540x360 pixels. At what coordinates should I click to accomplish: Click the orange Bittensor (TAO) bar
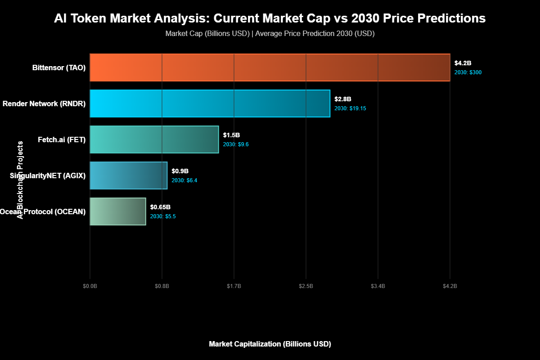(270, 67)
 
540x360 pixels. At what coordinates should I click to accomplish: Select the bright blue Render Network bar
(210, 103)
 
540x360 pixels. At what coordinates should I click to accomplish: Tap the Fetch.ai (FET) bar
(154, 139)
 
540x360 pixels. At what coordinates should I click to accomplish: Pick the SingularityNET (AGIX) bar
(129, 175)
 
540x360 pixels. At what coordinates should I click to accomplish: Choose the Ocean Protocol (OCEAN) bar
(118, 211)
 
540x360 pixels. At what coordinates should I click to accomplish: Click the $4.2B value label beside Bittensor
(463, 63)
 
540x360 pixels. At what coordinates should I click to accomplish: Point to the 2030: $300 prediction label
(468, 72)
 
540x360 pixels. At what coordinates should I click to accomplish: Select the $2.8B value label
(343, 99)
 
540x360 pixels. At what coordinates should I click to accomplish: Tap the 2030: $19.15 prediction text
(350, 108)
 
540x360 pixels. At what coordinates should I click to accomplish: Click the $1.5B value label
(231, 135)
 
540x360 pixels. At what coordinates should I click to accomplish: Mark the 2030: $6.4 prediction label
(184, 180)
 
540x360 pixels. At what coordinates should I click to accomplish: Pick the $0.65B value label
(160, 207)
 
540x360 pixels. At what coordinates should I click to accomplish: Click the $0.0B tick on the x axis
(90, 286)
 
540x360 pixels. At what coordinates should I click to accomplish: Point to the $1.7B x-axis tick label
(234, 286)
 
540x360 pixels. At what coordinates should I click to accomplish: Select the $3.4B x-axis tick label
(378, 286)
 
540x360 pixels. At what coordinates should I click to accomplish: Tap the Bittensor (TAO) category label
(59, 68)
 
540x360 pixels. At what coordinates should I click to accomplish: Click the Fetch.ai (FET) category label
(62, 139)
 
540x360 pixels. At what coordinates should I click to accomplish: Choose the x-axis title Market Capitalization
(270, 344)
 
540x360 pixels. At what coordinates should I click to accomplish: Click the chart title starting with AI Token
(270, 18)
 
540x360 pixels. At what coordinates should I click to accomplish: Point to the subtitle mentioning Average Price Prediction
(270, 34)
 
